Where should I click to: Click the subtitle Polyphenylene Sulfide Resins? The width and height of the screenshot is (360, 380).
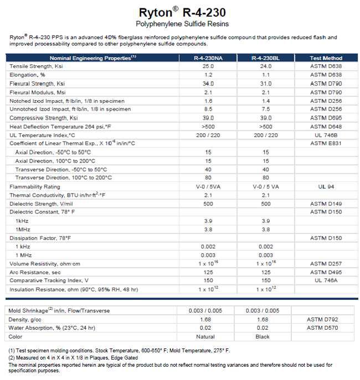[182, 24]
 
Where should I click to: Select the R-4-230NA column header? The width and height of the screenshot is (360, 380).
[208, 58]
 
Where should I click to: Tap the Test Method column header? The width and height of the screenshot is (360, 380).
[326, 58]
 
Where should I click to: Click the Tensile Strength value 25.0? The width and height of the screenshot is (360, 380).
[208, 66]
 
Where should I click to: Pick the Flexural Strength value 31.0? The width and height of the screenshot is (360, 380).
[266, 84]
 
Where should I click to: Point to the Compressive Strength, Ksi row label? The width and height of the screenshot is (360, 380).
[44, 118]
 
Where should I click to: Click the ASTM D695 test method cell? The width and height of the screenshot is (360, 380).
[326, 118]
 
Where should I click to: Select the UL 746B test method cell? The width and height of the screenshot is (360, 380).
[326, 135]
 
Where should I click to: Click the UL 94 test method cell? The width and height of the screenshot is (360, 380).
[326, 186]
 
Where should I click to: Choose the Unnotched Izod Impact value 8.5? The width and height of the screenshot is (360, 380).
[208, 109]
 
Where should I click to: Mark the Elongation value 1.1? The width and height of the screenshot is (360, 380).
[266, 75]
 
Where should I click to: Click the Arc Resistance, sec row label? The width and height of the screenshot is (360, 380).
[35, 272]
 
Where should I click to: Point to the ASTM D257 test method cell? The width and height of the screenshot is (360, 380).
[326, 263]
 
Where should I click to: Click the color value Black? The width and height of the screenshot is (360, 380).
[263, 337]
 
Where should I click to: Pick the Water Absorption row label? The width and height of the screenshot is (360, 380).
[53, 328]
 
